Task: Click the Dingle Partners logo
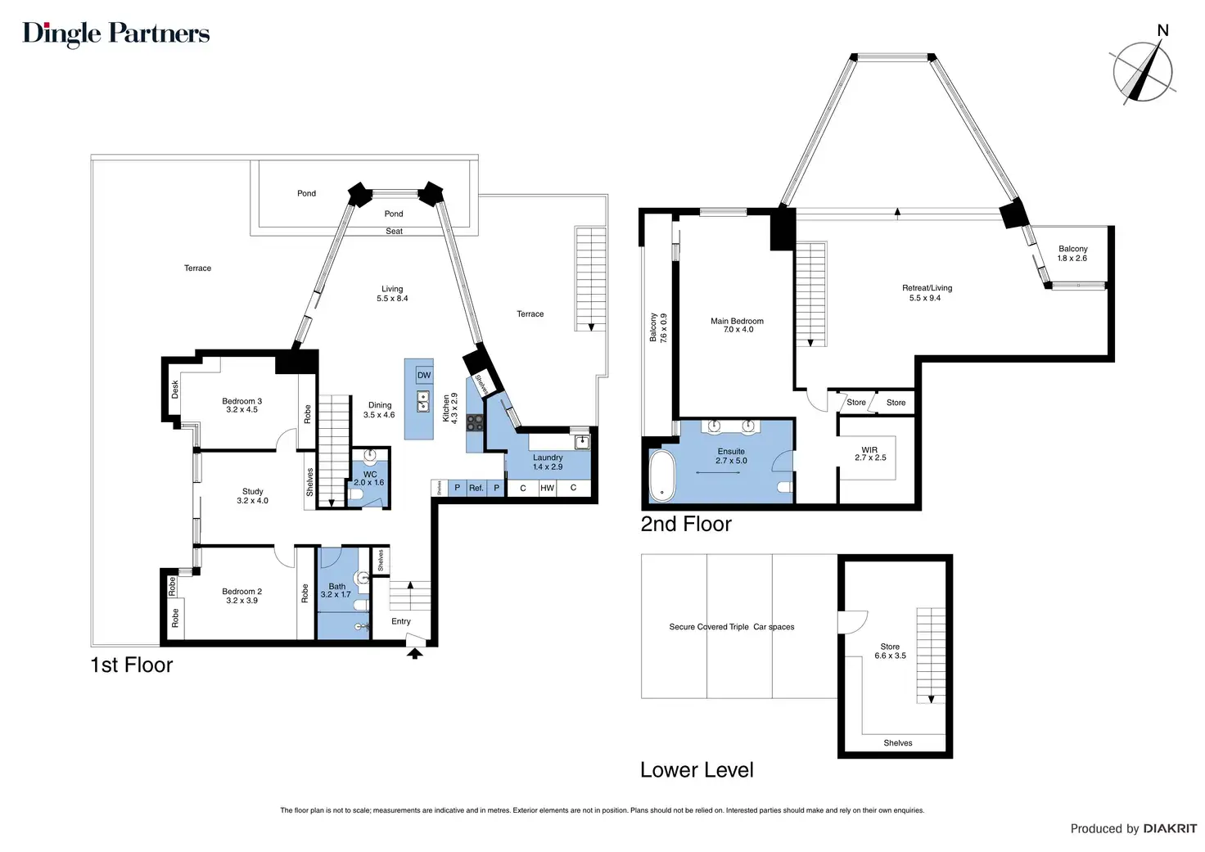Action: (x=115, y=34)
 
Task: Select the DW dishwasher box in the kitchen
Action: (x=424, y=376)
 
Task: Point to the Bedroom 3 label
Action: (x=241, y=405)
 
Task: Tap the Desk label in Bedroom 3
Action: (x=175, y=390)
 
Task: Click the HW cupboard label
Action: (x=547, y=488)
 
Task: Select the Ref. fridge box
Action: (x=476, y=488)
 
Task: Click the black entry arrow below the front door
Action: (x=414, y=653)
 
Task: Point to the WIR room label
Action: (x=870, y=453)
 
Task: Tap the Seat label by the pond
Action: (x=394, y=232)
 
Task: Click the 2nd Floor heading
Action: (x=686, y=524)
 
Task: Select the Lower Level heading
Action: (x=697, y=769)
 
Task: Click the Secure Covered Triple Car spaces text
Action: (x=732, y=627)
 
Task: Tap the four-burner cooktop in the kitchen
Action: (x=475, y=422)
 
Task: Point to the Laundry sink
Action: (x=582, y=442)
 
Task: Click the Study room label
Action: (x=252, y=496)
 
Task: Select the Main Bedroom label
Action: (x=737, y=325)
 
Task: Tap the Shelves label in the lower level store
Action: (x=898, y=743)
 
